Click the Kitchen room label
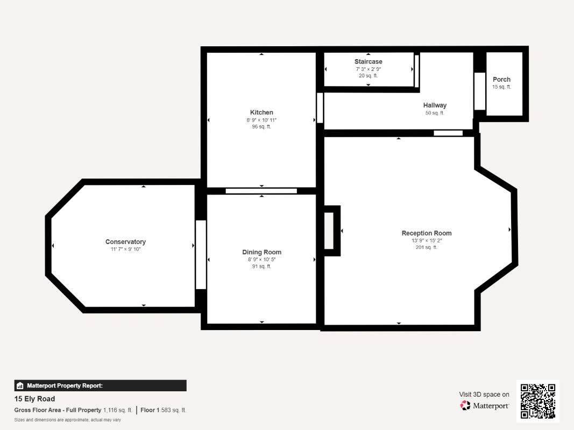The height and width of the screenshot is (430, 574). coord(261,112)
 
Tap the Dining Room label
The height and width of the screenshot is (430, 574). coord(262,252)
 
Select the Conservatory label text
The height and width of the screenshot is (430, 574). coord(125,242)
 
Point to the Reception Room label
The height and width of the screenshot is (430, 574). coord(427,233)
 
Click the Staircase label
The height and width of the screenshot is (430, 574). coord(369,61)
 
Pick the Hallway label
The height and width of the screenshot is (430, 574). coord(435,105)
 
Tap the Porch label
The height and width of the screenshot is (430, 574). coord(501,80)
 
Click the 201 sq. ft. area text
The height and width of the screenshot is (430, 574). coord(427,247)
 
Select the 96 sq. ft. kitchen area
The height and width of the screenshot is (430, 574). coord(261,126)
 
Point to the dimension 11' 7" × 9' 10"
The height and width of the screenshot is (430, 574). coord(125,249)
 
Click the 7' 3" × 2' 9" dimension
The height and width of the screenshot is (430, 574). coord(369,69)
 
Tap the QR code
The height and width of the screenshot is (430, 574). coord(538,401)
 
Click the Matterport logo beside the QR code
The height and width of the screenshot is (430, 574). coord(484,405)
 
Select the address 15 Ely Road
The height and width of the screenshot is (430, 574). coord(35,399)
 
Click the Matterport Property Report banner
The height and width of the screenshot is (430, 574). coord(100,385)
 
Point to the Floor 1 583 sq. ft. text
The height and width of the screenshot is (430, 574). coord(163,410)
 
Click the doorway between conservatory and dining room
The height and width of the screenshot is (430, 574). coord(201,254)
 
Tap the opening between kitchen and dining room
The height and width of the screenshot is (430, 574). coord(261,191)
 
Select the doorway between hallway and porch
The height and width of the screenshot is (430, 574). coord(479,91)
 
